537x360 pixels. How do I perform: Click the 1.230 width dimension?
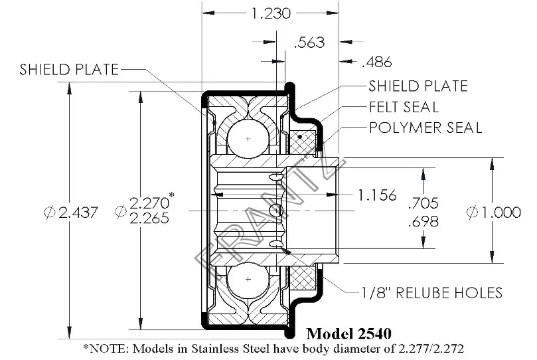point(271,13)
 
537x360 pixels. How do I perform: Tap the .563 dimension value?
point(309,43)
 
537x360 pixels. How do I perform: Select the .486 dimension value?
point(377,62)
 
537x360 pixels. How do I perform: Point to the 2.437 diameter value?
point(78,213)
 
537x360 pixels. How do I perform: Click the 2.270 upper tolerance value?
point(149,203)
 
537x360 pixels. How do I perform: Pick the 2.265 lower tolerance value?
point(149,219)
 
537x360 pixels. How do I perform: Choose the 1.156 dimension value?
point(377,195)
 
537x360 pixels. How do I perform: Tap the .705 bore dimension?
point(423,203)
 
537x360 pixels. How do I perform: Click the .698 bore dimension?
point(423,221)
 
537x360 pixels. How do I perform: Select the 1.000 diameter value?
point(502,213)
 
